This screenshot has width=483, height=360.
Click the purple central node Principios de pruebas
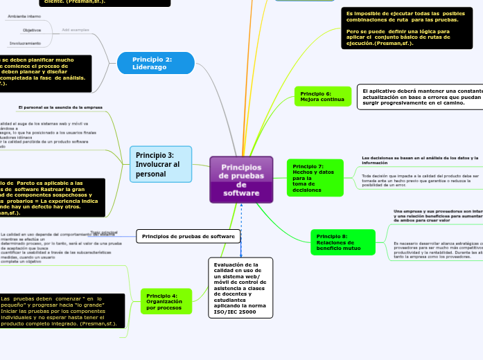(x=241, y=180)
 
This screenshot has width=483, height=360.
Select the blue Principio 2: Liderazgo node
(x=153, y=63)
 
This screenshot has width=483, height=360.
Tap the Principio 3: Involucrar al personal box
(x=161, y=165)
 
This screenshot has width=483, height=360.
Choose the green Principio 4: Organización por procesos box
(x=166, y=302)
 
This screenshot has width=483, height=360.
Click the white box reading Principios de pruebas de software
(x=188, y=237)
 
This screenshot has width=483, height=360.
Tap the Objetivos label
(x=32, y=30)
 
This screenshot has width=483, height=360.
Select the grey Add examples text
(x=76, y=30)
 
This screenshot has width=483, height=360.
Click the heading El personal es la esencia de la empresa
(x=60, y=108)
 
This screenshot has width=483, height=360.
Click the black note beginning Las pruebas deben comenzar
(x=62, y=311)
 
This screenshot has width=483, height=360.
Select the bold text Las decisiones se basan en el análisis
(x=420, y=159)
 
